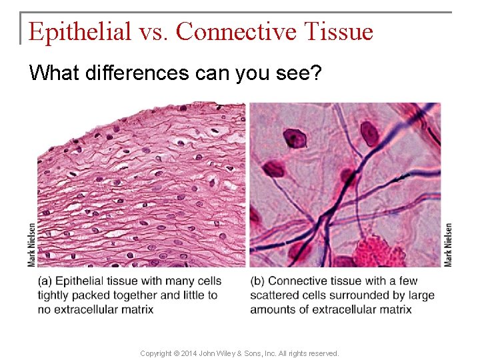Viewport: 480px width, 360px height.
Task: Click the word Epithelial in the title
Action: (x=80, y=31)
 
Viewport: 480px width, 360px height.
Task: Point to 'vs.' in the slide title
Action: (x=153, y=31)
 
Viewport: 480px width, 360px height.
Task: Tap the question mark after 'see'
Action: (x=317, y=73)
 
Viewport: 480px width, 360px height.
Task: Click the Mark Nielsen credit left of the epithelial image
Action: (x=32, y=245)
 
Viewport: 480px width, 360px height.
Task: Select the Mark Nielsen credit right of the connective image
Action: (x=448, y=245)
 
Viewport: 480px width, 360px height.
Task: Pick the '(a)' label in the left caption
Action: (x=46, y=281)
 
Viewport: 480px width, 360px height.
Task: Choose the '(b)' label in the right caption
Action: (x=258, y=281)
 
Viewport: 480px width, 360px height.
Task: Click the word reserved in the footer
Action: (x=323, y=353)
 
